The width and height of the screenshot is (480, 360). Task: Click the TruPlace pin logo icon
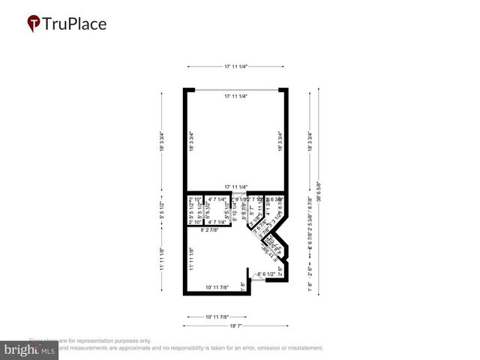point(34,24)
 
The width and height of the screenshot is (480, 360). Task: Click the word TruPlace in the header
point(75,24)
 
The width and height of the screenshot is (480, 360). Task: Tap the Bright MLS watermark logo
point(30,349)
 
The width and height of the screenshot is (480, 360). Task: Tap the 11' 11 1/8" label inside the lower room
point(192,259)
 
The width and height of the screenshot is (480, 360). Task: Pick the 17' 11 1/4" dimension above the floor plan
point(235,67)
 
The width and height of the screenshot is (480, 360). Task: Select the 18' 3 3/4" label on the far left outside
point(160,142)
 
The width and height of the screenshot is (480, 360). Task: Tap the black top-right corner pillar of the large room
point(283,91)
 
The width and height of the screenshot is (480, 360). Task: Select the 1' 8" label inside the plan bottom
point(243,286)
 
